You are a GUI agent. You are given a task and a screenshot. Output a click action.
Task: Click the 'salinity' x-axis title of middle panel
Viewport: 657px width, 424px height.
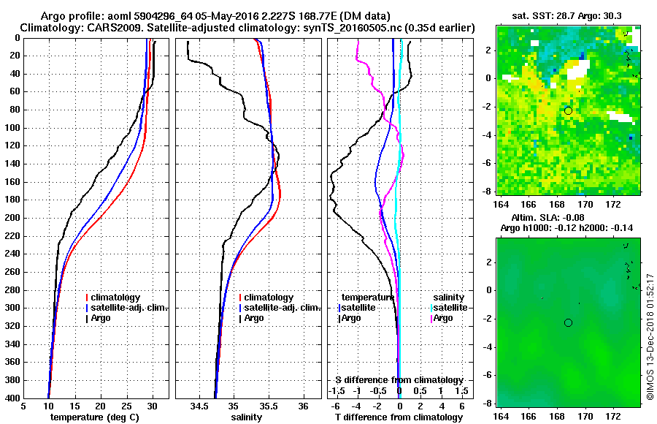click(x=247, y=417)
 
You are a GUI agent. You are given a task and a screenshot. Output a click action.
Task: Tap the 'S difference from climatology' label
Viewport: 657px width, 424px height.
click(x=399, y=380)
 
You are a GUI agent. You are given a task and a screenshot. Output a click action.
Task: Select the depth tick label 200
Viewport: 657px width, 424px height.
click(x=13, y=218)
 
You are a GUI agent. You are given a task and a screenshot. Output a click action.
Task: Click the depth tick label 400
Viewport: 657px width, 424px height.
click(x=13, y=398)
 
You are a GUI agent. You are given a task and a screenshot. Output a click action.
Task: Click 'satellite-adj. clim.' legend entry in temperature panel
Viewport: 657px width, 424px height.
click(x=128, y=308)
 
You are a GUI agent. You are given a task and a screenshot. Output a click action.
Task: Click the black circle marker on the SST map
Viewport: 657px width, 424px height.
click(x=568, y=110)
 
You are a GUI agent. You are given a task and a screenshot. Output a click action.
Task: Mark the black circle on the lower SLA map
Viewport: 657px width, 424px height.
click(x=568, y=322)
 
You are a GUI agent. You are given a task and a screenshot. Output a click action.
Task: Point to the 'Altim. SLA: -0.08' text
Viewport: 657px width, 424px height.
click(x=566, y=218)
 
